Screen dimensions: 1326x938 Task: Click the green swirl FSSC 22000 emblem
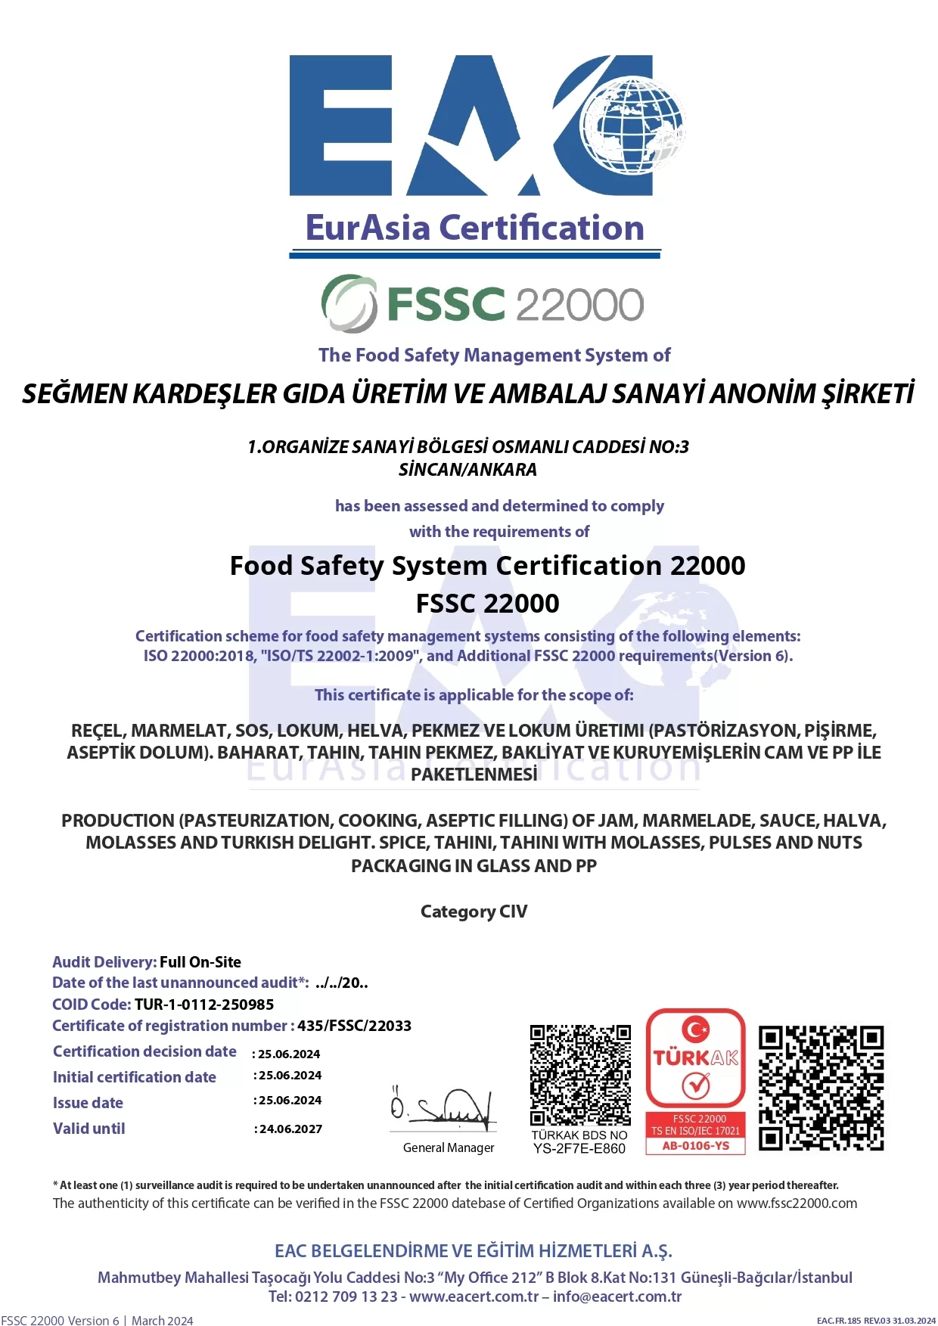349,303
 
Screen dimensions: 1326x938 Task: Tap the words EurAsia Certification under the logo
474,228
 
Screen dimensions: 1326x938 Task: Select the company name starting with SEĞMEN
468,394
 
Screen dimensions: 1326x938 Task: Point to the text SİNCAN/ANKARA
467,470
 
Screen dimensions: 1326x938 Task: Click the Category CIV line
474,911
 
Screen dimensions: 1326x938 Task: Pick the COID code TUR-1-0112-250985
204,1005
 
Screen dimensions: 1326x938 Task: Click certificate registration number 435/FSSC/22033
354,1026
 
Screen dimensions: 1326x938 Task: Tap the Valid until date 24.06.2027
290,1129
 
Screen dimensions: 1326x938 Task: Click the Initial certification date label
135,1077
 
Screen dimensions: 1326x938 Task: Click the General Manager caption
449,1148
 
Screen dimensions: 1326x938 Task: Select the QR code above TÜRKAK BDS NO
580,1075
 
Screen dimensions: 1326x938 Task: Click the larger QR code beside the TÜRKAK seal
821,1088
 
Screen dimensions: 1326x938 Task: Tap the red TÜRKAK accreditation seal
696,1059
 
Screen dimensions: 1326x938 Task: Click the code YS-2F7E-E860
579,1149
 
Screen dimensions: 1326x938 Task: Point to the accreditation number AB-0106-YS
696,1146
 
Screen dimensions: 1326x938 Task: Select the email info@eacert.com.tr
617,1296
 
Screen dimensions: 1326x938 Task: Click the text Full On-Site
200,962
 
